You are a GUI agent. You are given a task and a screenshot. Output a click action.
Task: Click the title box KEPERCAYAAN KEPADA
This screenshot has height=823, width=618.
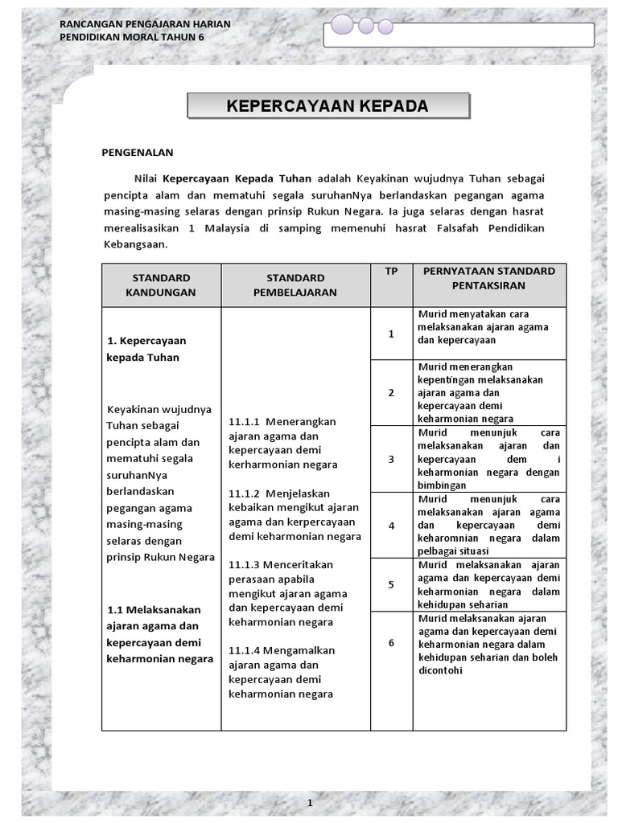(x=328, y=107)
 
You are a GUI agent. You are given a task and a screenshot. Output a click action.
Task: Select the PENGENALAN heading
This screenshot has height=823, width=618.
(x=137, y=151)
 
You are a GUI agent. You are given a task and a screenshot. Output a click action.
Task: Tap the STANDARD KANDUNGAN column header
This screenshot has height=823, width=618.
(x=161, y=285)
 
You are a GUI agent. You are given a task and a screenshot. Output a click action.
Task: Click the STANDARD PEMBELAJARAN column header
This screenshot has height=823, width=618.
(x=295, y=285)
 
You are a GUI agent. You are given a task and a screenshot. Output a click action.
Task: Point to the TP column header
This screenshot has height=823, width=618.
(x=391, y=272)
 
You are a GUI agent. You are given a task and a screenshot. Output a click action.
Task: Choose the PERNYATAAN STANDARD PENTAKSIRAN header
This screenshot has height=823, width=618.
(x=489, y=277)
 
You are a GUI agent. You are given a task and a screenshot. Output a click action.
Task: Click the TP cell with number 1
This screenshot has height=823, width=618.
(x=391, y=333)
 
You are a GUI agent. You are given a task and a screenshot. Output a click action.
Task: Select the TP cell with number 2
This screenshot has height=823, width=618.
(x=391, y=392)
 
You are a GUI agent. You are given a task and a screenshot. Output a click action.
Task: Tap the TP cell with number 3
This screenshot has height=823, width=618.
(x=391, y=459)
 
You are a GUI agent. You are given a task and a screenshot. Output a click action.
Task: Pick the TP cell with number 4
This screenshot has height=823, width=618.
(x=391, y=525)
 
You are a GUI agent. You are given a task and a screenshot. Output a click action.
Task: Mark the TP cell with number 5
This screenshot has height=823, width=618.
(x=391, y=584)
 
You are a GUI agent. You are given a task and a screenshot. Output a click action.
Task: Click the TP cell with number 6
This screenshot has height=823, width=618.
(x=391, y=643)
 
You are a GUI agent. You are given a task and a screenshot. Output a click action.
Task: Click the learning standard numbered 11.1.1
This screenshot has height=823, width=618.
(x=283, y=443)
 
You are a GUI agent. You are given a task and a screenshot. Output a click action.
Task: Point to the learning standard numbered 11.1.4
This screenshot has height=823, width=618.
(x=282, y=672)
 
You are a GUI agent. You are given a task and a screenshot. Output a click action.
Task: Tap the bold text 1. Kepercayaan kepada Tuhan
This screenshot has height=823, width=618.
(x=146, y=349)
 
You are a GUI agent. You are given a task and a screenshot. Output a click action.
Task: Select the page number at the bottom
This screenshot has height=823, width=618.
(x=309, y=803)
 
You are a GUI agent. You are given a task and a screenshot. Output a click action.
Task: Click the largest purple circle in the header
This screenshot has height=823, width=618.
(x=341, y=25)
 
